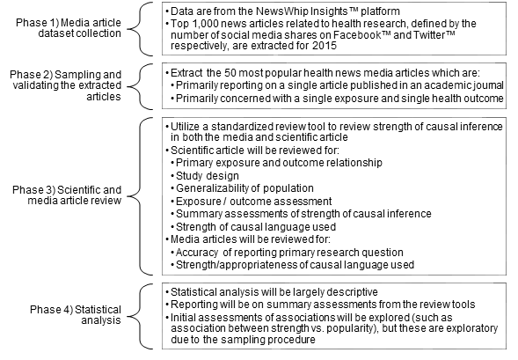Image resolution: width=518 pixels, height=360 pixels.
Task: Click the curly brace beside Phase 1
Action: (x=140, y=29)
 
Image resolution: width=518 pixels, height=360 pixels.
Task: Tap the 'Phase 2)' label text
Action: (x=31, y=75)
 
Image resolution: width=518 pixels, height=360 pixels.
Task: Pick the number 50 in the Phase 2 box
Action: (x=230, y=73)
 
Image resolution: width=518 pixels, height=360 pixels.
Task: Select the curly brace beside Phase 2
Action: (x=140, y=86)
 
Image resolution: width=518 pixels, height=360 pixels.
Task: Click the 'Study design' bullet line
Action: (x=208, y=175)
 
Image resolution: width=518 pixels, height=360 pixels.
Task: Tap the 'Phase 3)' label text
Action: (x=33, y=190)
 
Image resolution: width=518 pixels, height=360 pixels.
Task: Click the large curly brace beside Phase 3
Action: (x=140, y=196)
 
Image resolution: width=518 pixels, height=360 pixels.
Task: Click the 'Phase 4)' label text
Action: (x=51, y=310)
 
